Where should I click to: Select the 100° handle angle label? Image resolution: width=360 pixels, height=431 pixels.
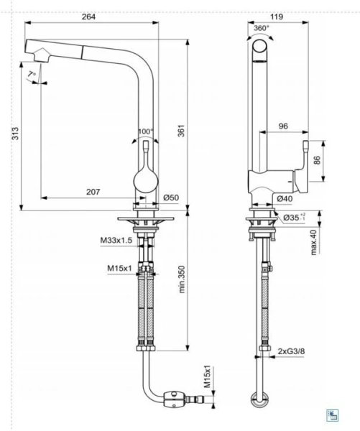[146, 131]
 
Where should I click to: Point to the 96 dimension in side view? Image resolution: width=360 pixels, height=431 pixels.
[282, 126]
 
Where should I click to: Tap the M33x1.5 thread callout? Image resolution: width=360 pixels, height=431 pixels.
[116, 239]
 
